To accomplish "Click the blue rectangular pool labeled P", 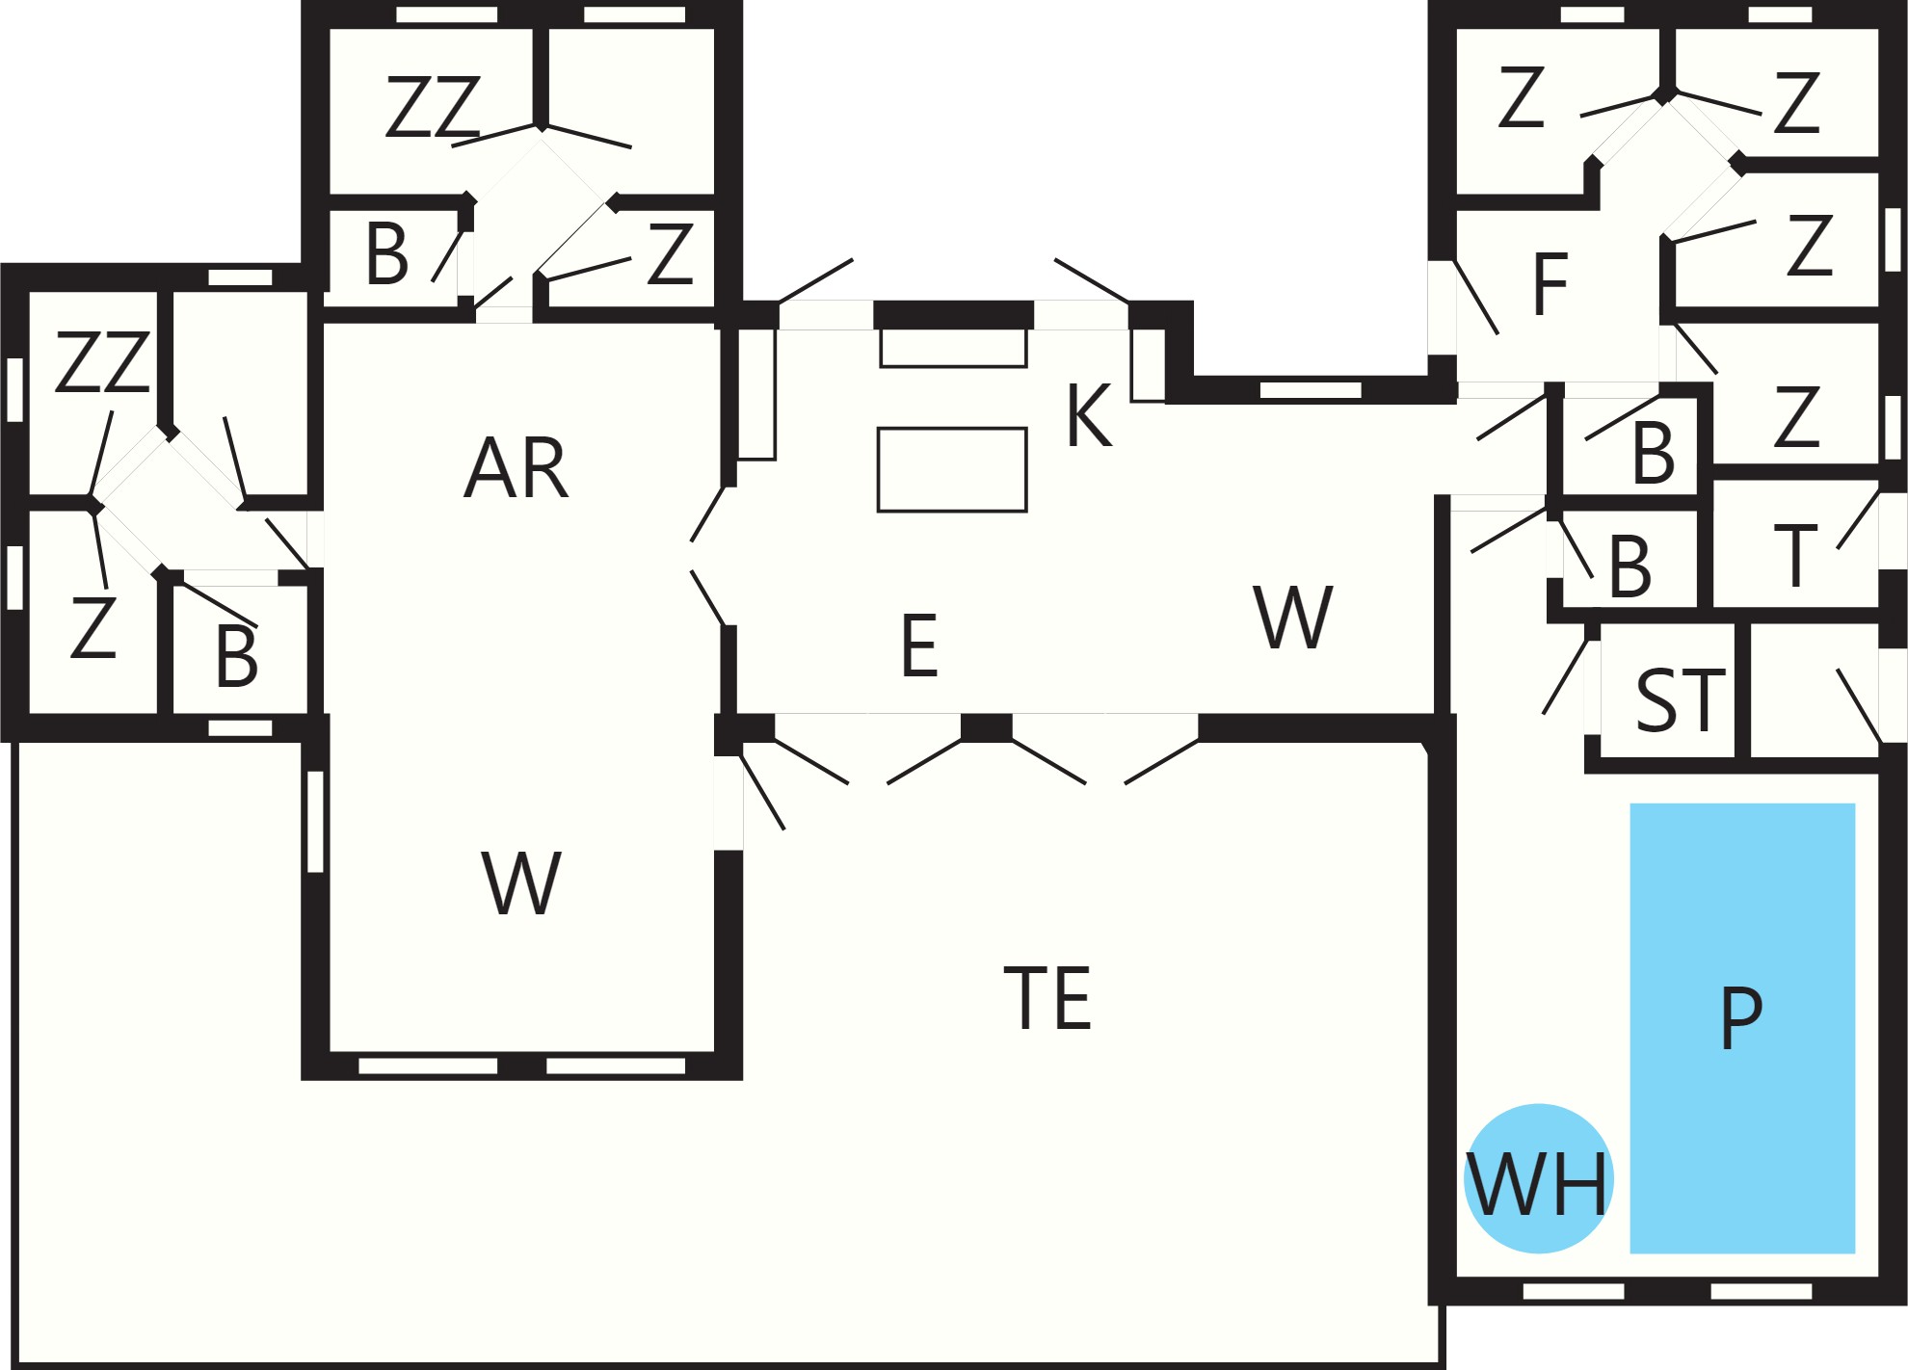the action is [x=1742, y=1028].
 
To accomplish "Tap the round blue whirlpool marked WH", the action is [x=1538, y=1178].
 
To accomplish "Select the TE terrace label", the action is [x=1047, y=998].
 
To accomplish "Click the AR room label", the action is [x=517, y=467].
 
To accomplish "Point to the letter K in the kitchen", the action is [x=1090, y=415].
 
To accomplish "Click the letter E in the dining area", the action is [x=919, y=645].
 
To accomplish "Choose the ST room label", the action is [x=1681, y=700].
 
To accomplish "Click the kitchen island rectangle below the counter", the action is [x=952, y=470].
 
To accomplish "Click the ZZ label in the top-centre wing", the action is [x=433, y=107].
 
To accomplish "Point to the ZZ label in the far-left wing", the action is [x=102, y=362].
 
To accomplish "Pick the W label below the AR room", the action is [x=521, y=883].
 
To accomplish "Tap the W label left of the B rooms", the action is [x=1293, y=617].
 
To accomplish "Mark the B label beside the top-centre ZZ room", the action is [x=387, y=254].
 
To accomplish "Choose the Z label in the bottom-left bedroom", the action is [x=93, y=627].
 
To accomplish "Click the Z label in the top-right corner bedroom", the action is [x=1796, y=102].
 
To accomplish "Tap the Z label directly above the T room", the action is [x=1796, y=417].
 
